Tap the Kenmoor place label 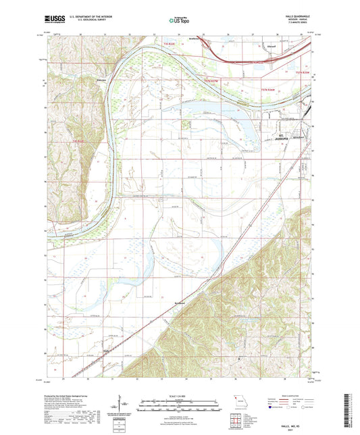(x=180, y=303)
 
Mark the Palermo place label (x=101, y=78)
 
